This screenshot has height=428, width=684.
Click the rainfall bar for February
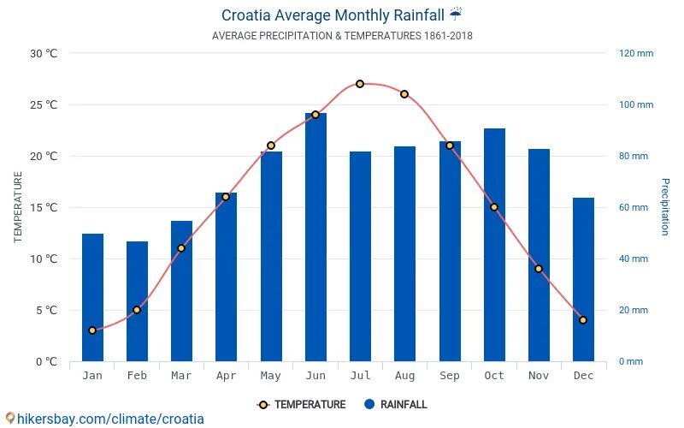point(137,301)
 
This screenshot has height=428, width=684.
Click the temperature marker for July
point(360,84)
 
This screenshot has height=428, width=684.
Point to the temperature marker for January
point(92,330)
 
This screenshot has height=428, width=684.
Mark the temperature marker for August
point(404,94)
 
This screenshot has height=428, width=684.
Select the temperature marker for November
point(539,269)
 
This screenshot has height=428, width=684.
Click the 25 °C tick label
point(44,105)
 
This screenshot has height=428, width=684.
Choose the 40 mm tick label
point(634,259)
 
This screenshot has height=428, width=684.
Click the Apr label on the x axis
point(226,376)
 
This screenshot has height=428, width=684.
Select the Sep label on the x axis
point(450,376)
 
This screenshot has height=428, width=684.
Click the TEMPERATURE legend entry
point(301,405)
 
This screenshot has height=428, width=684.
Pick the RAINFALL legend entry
point(395,405)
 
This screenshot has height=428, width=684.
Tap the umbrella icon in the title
point(456,15)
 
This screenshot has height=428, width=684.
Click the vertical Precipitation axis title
point(665,207)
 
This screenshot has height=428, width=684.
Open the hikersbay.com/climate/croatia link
point(104,419)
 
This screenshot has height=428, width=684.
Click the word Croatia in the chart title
point(250,15)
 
